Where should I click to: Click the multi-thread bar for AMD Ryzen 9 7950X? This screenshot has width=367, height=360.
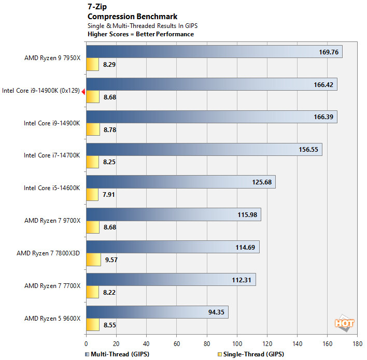(214, 52)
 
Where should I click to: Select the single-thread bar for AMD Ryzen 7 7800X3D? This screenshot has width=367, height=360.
(93, 260)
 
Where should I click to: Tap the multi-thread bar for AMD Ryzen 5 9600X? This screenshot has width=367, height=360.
(157, 312)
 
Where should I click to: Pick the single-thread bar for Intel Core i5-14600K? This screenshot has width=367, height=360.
(92, 195)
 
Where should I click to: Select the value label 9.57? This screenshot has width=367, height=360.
(111, 260)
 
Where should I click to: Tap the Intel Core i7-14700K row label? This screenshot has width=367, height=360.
(52, 155)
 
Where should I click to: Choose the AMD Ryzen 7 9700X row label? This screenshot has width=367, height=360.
(52, 221)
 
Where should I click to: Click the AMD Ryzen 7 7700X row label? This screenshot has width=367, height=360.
(52, 286)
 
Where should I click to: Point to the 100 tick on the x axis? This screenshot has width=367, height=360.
(237, 343)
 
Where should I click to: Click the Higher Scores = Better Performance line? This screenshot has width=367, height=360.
(141, 34)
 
